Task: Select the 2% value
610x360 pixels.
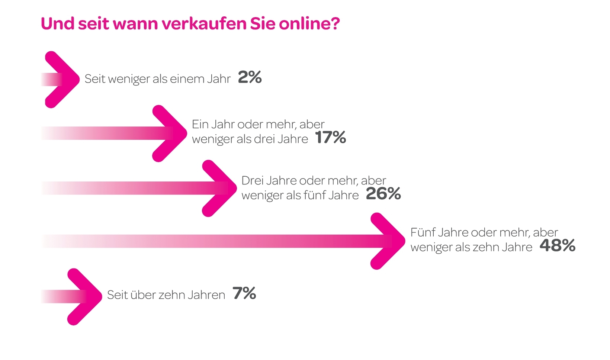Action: tap(250, 77)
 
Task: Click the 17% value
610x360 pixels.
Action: tap(331, 138)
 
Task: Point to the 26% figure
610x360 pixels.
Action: tap(383, 194)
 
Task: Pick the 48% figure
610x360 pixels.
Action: tap(557, 246)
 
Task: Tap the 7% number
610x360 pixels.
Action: tap(244, 293)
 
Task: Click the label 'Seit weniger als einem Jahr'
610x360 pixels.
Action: tap(157, 79)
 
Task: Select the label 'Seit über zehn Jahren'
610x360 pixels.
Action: tap(166, 295)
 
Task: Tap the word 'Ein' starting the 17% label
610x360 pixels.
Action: tap(200, 124)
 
